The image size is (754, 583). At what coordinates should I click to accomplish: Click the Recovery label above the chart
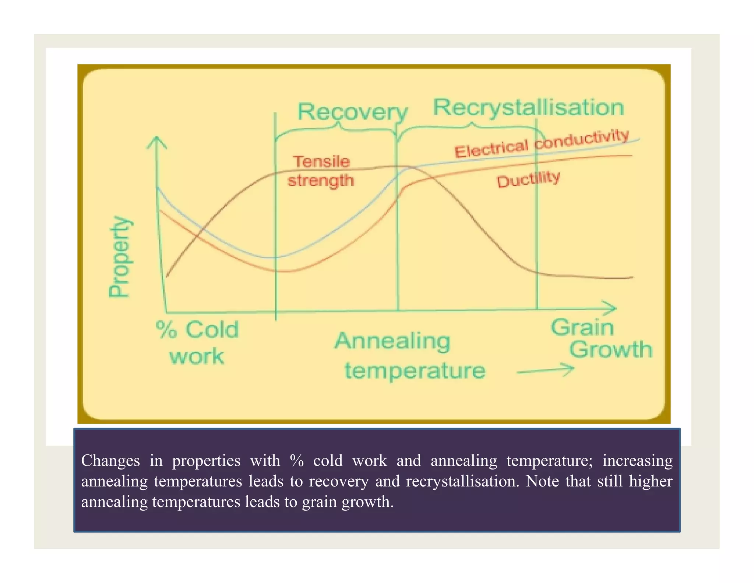point(352,112)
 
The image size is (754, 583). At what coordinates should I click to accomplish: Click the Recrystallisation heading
point(528,108)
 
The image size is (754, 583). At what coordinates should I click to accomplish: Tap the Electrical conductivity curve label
point(542,144)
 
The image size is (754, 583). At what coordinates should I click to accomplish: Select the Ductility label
point(528,179)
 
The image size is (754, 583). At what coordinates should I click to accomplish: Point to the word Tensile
point(321,161)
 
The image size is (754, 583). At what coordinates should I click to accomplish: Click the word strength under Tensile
point(321,181)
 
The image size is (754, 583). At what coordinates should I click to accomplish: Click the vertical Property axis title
point(120,256)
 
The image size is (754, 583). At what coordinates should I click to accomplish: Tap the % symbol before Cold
point(166,329)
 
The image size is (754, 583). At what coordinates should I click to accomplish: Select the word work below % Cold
point(197,356)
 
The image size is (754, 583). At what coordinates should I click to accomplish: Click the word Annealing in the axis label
point(392,341)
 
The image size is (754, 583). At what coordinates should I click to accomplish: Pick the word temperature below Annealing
point(415,370)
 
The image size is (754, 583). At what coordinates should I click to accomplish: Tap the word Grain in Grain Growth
point(582,327)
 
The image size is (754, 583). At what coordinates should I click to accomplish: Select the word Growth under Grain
point(610,349)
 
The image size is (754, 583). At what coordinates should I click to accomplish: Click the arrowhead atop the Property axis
point(157,141)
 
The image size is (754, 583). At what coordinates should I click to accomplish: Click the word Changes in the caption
point(110,461)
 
